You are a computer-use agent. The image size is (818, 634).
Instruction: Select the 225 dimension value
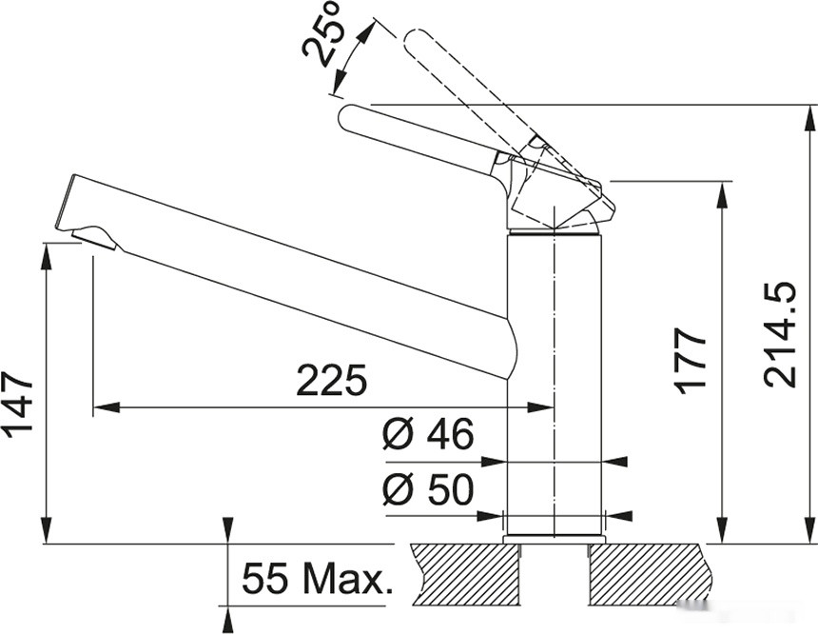[332, 380]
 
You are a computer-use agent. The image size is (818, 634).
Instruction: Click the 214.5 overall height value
[780, 335]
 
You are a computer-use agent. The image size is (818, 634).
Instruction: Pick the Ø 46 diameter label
[428, 433]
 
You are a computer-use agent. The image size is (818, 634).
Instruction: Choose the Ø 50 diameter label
[428, 489]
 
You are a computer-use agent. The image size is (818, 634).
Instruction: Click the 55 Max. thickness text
[317, 579]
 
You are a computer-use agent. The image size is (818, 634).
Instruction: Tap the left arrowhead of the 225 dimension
[106, 407]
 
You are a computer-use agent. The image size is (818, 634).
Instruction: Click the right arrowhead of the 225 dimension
[540, 407]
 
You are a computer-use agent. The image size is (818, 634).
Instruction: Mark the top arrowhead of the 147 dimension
[47, 256]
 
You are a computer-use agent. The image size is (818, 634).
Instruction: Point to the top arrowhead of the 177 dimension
[723, 195]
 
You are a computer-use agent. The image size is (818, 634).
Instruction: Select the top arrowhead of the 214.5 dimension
[810, 119]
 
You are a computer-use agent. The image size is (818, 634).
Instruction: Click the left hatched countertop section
[467, 573]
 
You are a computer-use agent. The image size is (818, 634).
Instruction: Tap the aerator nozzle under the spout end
[96, 238]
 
